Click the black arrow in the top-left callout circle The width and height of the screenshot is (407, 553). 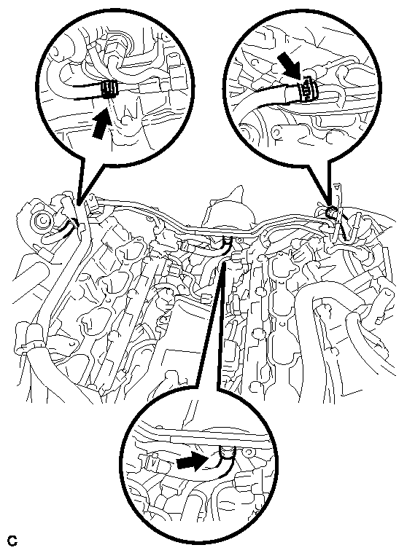click(x=101, y=123)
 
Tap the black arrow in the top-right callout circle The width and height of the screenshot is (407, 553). click(x=290, y=65)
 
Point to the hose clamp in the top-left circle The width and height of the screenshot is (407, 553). click(x=109, y=89)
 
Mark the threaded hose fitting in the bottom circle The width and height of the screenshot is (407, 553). click(x=227, y=452)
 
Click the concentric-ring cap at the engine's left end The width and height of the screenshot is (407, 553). click(x=42, y=221)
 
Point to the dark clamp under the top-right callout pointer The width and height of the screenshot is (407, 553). click(x=331, y=212)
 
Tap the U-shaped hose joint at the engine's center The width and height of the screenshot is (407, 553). click(x=227, y=241)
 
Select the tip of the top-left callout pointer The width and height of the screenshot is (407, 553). click(x=78, y=205)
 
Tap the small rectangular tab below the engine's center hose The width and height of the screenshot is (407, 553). click(x=206, y=299)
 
